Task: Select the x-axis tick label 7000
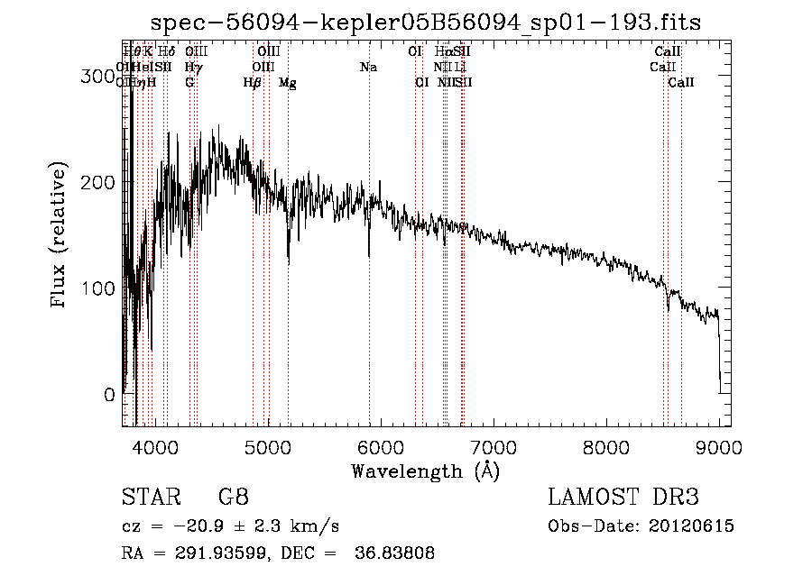[494, 447]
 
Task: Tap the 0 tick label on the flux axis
[109, 395]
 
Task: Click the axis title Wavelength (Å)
[425, 471]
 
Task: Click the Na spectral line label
[368, 67]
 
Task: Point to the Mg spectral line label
[287, 83]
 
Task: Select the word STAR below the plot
[151, 498]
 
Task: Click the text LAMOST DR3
[623, 498]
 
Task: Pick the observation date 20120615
[693, 526]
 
